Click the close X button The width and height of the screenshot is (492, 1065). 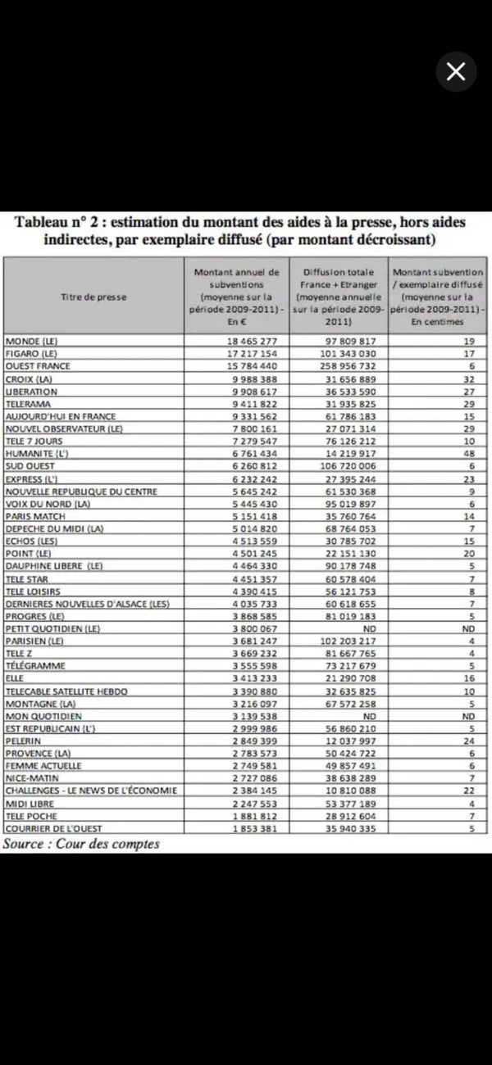tap(455, 72)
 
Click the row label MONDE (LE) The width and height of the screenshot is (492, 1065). tap(33, 341)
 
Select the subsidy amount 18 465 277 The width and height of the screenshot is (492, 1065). tap(236, 341)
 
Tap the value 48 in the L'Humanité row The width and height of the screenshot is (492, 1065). tap(470, 454)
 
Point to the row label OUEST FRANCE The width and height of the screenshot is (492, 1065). tap(38, 366)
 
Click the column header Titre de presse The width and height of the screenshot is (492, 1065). tap(94, 297)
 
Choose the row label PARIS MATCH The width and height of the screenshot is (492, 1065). tap(35, 517)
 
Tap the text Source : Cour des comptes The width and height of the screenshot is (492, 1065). tap(81, 844)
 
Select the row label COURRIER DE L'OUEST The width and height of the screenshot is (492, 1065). tap(53, 829)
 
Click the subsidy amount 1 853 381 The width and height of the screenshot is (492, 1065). tap(236, 829)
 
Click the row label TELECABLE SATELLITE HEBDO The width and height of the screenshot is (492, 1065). tap(66, 691)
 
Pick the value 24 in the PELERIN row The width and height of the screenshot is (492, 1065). tap(470, 741)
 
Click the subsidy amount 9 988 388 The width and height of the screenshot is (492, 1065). tap(236, 378)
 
